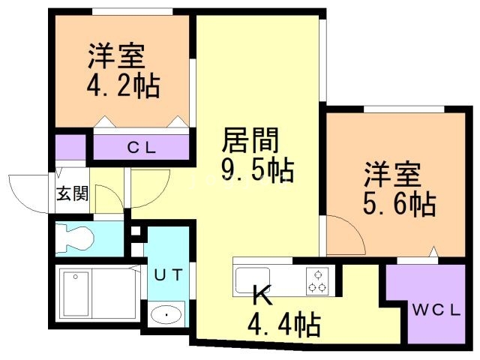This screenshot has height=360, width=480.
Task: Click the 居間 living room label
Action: click(x=250, y=140)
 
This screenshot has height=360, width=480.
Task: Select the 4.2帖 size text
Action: click(x=123, y=85)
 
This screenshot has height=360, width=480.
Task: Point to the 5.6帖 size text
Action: click(x=400, y=203)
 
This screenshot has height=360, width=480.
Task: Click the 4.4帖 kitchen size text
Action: click(x=284, y=324)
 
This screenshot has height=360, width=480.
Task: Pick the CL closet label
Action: click(x=142, y=148)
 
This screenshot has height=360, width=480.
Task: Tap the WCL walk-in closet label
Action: click(x=436, y=310)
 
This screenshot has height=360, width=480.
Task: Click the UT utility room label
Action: click(x=169, y=274)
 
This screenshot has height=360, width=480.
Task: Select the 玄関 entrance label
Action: click(x=73, y=193)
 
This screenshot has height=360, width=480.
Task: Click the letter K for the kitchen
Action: click(x=262, y=295)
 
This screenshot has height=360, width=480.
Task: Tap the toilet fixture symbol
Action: click(x=74, y=239)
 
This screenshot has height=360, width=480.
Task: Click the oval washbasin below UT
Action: click(x=166, y=314)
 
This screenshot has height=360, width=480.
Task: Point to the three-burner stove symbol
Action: click(x=317, y=280)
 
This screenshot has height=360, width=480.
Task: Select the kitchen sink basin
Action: click(x=253, y=280)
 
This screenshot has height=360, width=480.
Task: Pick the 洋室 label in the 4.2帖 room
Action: click(x=117, y=56)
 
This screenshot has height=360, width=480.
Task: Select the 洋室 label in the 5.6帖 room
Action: click(x=392, y=175)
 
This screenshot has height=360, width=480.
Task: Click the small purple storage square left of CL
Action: click(x=70, y=148)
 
